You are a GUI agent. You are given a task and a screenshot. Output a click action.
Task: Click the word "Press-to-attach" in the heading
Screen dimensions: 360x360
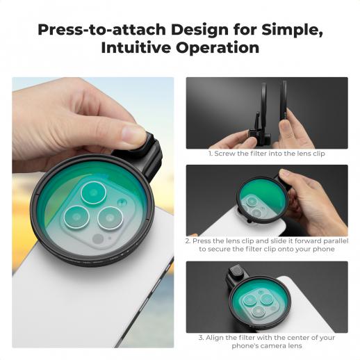[102, 30]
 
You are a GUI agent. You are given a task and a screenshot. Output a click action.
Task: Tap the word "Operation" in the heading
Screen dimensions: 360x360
[218, 47]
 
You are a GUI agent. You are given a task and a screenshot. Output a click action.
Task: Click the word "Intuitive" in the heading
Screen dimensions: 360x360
[136, 47]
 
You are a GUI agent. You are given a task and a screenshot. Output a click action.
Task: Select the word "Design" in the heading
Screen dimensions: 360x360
[199, 31]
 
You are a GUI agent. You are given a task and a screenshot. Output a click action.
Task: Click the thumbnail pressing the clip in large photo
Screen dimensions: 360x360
[133, 135]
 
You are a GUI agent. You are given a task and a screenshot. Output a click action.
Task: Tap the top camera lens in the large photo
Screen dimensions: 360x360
[93, 193]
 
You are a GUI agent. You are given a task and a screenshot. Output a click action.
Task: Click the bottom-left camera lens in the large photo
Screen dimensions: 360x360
[76, 217]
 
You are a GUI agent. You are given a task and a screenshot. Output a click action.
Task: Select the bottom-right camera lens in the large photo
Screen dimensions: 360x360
[110, 218]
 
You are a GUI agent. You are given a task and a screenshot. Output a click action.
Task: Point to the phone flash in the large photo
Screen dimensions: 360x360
[122, 202]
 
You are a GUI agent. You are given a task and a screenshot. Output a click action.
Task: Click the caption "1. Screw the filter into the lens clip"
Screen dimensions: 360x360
[266, 154]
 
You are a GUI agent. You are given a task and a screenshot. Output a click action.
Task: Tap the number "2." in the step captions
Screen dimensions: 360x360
[188, 241]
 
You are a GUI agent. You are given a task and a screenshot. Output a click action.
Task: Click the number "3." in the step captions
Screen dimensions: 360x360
[201, 338]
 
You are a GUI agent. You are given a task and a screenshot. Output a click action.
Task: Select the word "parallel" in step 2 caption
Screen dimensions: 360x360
[336, 241]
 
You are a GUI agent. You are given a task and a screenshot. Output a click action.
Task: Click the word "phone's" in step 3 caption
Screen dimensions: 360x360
[245, 346]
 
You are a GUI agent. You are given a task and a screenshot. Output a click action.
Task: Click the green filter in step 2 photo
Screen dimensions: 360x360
[263, 199]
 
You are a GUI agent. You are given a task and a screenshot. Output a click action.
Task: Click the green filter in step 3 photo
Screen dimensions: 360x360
[259, 302]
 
